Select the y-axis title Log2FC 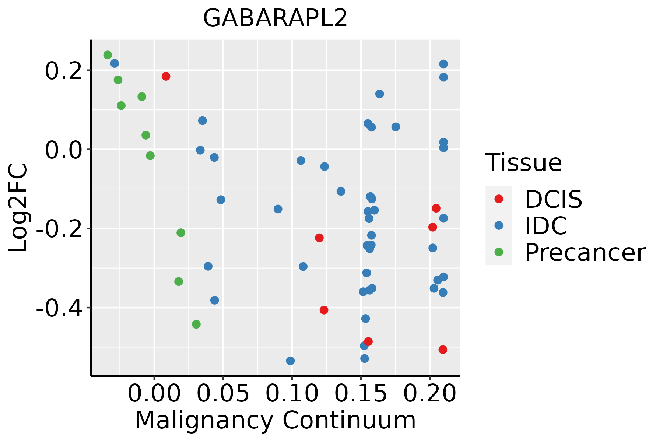[x=18, y=208]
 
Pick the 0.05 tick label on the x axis [x=223, y=393]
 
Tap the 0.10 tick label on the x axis [x=292, y=393]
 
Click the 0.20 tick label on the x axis [x=429, y=393]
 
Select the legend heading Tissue [x=523, y=162]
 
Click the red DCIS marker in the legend [x=499, y=199]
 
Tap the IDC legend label [x=546, y=226]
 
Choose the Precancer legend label [x=585, y=253]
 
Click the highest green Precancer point [x=108, y=55]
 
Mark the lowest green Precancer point [x=196, y=324]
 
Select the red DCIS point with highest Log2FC [x=166, y=76]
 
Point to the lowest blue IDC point [x=290, y=361]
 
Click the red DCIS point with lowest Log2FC [x=443, y=350]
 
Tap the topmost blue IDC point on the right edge [x=443, y=64]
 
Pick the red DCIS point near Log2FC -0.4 [x=324, y=310]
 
